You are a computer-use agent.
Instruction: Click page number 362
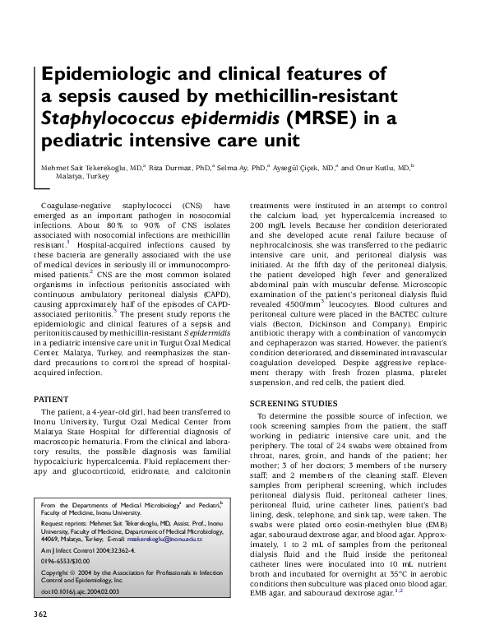40,614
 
